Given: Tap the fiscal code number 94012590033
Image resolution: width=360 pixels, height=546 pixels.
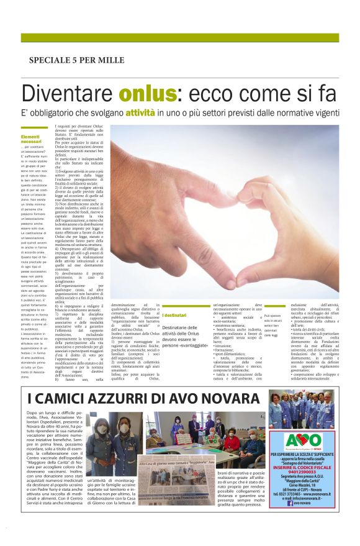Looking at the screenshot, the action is click(303, 472).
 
